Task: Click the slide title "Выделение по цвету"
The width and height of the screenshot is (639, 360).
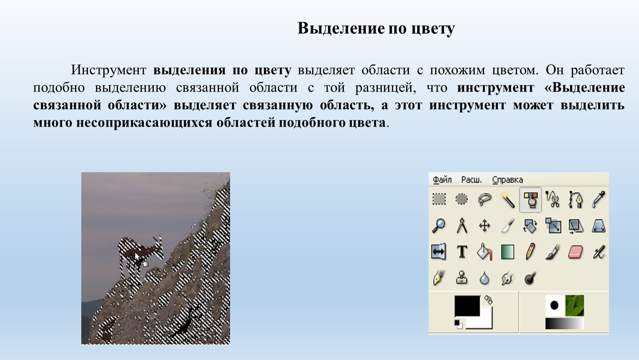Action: click(376, 28)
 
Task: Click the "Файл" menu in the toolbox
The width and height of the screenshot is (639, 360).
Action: click(442, 180)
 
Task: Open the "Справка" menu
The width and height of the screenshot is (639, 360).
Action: click(508, 180)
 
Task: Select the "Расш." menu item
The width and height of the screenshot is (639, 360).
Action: click(471, 180)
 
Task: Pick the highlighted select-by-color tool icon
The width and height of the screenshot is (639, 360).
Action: click(531, 200)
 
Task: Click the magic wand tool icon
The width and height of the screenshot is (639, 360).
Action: click(508, 200)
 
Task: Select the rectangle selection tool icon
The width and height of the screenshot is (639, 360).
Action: click(439, 199)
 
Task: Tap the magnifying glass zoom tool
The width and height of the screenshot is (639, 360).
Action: click(439, 226)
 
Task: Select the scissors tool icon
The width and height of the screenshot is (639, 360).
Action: click(553, 199)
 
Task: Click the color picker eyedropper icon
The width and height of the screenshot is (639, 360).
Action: click(598, 199)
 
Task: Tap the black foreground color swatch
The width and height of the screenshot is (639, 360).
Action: click(467, 305)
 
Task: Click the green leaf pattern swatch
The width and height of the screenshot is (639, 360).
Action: click(574, 305)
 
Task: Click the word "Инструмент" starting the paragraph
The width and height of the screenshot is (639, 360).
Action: click(109, 70)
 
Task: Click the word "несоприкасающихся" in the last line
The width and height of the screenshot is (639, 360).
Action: click(144, 123)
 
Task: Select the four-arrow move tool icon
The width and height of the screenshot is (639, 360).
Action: click(484, 226)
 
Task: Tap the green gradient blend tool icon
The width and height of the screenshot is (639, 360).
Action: click(508, 252)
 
